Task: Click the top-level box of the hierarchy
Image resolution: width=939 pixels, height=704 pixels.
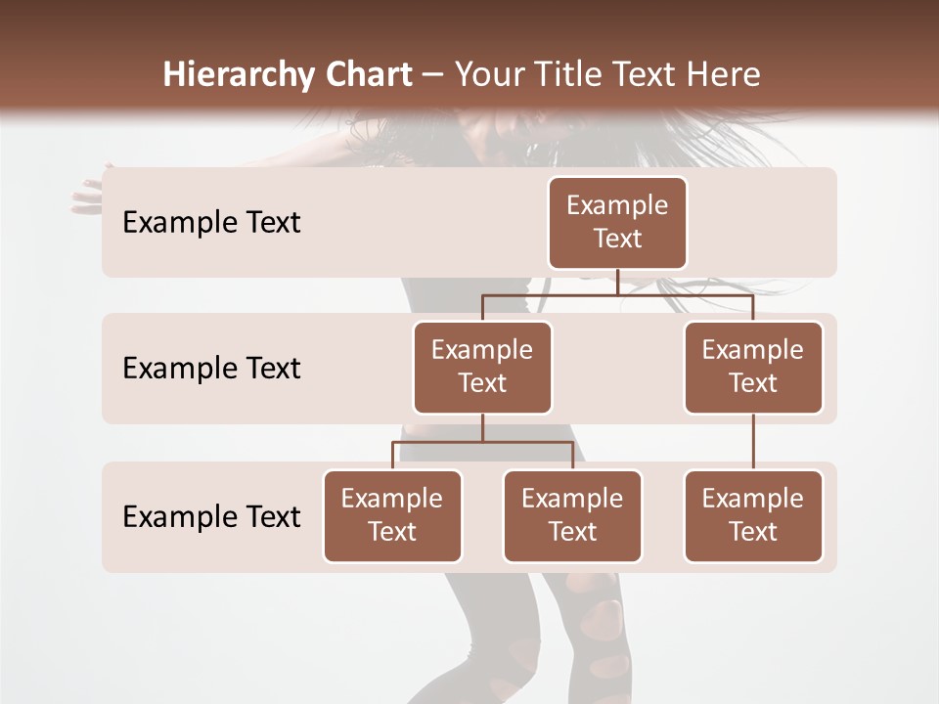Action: pos(617,222)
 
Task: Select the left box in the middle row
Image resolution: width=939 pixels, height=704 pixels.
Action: pos(482,367)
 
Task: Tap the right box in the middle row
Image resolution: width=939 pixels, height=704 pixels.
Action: pos(753,367)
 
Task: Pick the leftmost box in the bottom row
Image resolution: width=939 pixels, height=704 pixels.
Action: pos(392,515)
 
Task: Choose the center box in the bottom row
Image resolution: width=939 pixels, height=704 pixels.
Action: pos(572,515)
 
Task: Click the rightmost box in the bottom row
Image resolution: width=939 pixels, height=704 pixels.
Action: pos(753,515)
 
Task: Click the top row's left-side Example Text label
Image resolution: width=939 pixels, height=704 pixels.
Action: pos(211,223)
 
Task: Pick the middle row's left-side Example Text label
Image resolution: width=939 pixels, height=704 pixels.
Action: pos(211,369)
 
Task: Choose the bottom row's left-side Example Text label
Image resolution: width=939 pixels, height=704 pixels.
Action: pos(211,517)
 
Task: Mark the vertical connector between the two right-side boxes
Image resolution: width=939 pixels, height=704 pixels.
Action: pos(753,442)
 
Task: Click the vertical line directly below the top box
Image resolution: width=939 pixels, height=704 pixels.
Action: pos(617,282)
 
